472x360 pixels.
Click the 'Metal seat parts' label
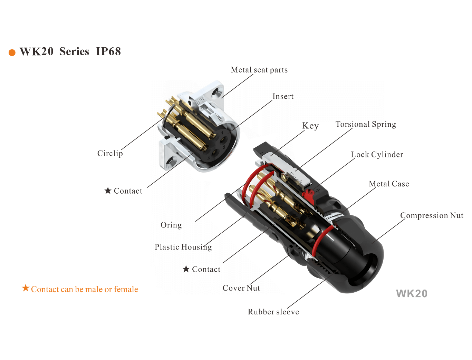[x=259, y=70]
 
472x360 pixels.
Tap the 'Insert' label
[x=283, y=96]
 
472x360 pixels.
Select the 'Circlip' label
[x=110, y=154]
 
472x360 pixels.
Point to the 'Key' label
[x=310, y=126]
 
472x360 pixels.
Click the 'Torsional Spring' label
[x=366, y=124]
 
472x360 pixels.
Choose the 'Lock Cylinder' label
[x=377, y=155]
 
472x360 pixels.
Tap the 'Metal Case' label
[x=389, y=184]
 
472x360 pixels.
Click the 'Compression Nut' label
[x=432, y=216]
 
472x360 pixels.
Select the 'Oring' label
[x=171, y=225]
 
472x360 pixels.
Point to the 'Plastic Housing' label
[x=183, y=247]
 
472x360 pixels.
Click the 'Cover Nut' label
[x=241, y=288]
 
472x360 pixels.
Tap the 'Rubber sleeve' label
[x=273, y=312]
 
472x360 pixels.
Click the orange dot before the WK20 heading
[x=12, y=52]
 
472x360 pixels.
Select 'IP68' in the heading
[x=108, y=51]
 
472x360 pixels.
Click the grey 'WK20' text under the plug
[x=412, y=294]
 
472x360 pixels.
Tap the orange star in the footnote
[x=26, y=288]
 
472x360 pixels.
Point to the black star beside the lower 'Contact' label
[x=186, y=269]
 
